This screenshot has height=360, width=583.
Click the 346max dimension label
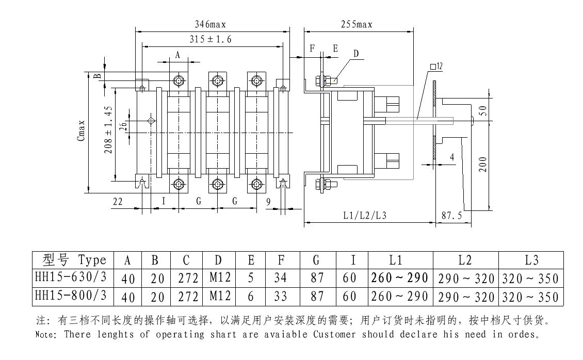click(210, 24)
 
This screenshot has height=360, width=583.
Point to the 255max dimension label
click(357, 24)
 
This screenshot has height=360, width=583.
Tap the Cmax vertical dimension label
click(81, 131)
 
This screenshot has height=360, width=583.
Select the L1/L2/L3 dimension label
click(364, 215)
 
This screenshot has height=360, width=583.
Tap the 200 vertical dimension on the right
click(482, 165)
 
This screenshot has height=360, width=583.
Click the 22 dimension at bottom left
click(118, 202)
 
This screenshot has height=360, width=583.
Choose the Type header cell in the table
click(70, 259)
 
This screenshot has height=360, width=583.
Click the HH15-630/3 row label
click(70, 278)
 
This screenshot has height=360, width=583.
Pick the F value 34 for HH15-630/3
click(280, 279)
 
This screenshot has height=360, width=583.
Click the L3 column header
click(531, 260)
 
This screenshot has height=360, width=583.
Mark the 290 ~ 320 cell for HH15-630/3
click(465, 279)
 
